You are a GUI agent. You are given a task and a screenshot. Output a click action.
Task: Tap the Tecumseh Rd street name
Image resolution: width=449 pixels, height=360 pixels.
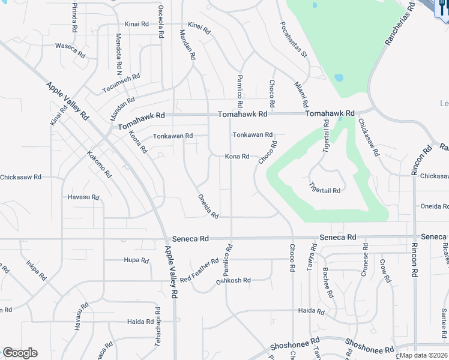[121, 83]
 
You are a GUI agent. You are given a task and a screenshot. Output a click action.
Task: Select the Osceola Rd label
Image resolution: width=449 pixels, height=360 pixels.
[160, 23]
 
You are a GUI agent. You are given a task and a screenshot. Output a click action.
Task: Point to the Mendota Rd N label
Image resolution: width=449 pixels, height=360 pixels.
[119, 49]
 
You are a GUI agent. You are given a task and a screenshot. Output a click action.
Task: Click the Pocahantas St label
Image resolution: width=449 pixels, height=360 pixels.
[294, 40]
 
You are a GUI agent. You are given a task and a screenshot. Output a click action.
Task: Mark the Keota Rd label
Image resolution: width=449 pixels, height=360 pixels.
[138, 140]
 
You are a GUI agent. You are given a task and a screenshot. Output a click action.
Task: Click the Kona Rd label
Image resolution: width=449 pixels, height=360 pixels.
[237, 157]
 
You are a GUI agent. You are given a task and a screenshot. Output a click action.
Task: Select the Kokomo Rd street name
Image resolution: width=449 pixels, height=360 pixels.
[99, 164]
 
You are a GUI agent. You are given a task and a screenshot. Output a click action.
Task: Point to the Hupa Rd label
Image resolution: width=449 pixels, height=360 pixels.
[136, 260]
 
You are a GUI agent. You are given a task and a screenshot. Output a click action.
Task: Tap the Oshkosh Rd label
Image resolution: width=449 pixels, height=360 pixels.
[233, 280]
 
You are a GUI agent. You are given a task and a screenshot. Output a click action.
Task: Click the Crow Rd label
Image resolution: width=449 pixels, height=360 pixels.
[384, 271]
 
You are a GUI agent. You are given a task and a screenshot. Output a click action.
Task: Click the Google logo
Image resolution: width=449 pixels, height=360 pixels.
[20, 353]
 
